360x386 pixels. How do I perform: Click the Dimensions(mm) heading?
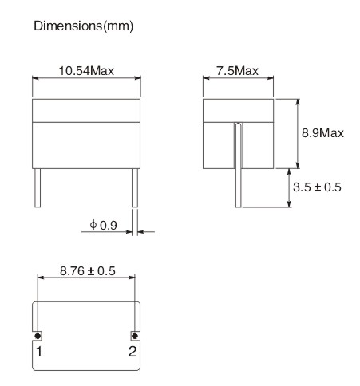[83, 27]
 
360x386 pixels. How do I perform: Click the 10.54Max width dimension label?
[86, 70]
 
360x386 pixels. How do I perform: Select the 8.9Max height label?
[322, 132]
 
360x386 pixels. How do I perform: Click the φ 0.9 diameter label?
[104, 226]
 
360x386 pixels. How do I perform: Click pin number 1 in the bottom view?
[38, 351]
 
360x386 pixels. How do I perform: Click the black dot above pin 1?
[38, 337]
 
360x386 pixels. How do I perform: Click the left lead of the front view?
[38, 187]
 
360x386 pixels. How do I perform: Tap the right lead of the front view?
[134, 187]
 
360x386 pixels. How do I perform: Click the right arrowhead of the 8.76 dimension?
[136, 279]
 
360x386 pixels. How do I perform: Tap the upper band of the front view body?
[86, 108]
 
